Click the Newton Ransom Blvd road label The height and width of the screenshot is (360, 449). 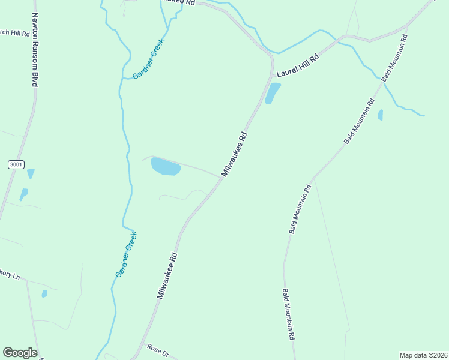click(35, 50)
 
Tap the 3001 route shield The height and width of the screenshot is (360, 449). click(17, 164)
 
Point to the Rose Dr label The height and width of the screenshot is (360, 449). click(158, 350)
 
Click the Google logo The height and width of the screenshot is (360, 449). click(20, 353)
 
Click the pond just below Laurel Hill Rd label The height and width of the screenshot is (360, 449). click(273, 93)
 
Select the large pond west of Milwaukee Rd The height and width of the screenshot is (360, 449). click(165, 167)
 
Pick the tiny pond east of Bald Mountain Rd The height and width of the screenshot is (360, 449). click(381, 115)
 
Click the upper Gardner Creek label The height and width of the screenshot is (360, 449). click(148, 59)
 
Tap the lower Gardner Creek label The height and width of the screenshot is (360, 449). click(127, 254)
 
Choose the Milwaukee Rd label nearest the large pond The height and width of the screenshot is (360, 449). click(235, 154)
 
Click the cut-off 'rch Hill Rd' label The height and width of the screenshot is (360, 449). click(15, 34)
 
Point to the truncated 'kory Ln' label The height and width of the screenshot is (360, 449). click(10, 275)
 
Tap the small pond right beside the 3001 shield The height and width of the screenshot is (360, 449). click(31, 173)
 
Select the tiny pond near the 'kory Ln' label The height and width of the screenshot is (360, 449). click(44, 293)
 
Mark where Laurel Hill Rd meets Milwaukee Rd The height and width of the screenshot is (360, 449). click(273, 76)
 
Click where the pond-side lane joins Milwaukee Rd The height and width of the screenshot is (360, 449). click(220, 177)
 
